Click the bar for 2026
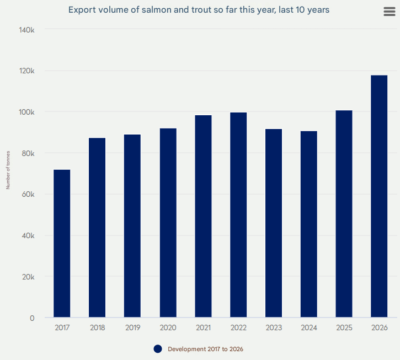click(379, 196)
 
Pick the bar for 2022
click(238, 215)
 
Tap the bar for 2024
click(309, 224)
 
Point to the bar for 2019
click(132, 226)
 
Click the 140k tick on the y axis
click(27, 29)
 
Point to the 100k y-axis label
click(27, 112)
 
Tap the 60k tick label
click(28, 194)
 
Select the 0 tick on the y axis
click(33, 318)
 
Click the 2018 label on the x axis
click(97, 327)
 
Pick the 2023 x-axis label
click(274, 327)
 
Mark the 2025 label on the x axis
click(344, 327)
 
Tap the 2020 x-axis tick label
click(168, 327)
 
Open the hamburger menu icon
click(390, 12)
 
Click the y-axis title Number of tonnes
click(8, 170)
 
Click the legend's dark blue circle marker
click(158, 349)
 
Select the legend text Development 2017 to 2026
click(205, 349)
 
